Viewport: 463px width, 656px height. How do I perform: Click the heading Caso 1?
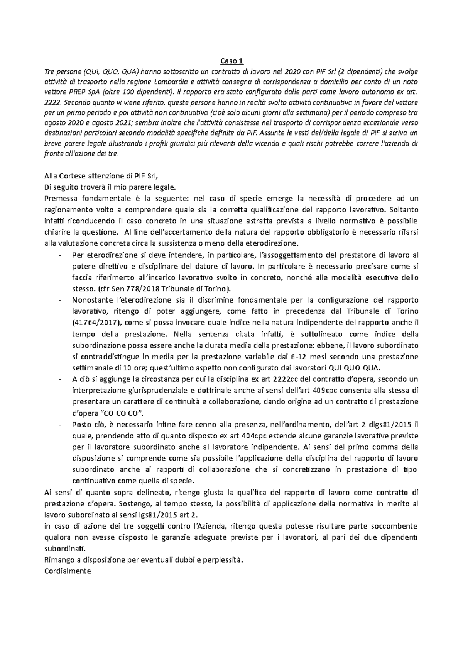click(x=231, y=61)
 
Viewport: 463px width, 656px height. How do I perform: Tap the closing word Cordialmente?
click(x=68, y=571)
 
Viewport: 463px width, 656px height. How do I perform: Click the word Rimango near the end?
click(x=59, y=560)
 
